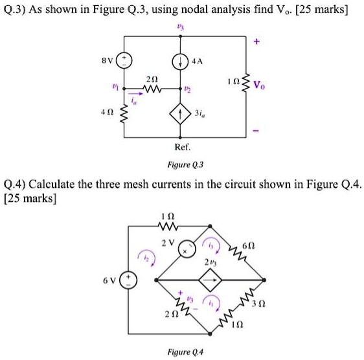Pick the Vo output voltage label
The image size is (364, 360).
coord(260,85)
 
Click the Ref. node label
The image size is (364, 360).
coord(181,148)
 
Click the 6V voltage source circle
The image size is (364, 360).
coord(127,280)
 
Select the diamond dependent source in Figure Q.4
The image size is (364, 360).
coord(210,280)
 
